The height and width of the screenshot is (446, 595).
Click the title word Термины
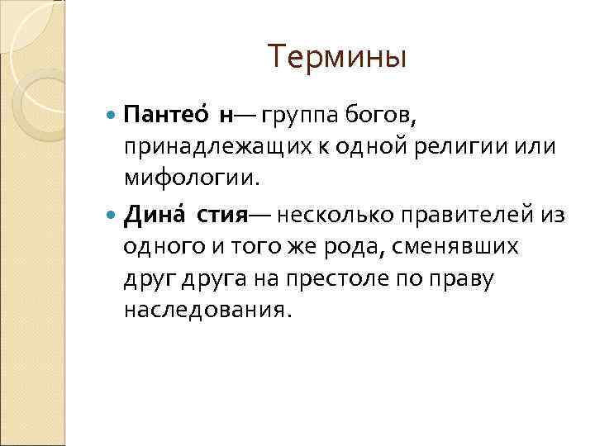coord(337,58)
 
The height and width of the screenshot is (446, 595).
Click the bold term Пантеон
coord(178,114)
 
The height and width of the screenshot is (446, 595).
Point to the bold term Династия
coord(185,216)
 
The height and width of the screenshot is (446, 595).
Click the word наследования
coord(207,310)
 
